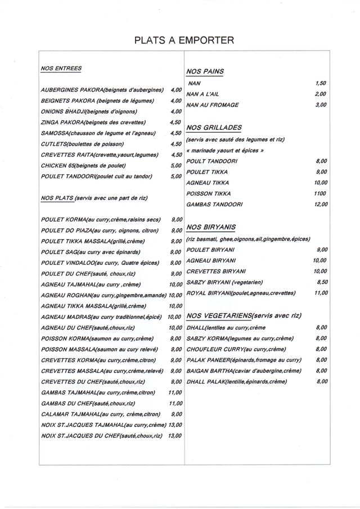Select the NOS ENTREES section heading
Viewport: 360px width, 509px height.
click(x=61, y=69)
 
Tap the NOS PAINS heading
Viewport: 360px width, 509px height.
click(x=205, y=71)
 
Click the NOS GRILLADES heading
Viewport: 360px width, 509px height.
click(x=214, y=128)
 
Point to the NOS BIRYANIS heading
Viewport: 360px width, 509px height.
click(x=210, y=227)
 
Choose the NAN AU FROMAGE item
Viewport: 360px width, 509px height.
click(x=213, y=105)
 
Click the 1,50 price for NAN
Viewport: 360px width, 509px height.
click(x=321, y=83)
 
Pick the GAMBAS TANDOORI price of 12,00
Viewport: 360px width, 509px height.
click(x=320, y=204)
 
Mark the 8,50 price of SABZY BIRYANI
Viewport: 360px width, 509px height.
click(x=322, y=282)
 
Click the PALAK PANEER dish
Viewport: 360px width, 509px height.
click(x=244, y=360)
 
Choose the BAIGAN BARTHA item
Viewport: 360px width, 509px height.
click(x=244, y=371)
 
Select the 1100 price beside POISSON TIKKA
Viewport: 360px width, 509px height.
click(x=320, y=193)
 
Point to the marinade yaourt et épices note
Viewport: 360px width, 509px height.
click(x=225, y=151)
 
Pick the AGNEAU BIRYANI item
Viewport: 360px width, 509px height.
click(x=211, y=260)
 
